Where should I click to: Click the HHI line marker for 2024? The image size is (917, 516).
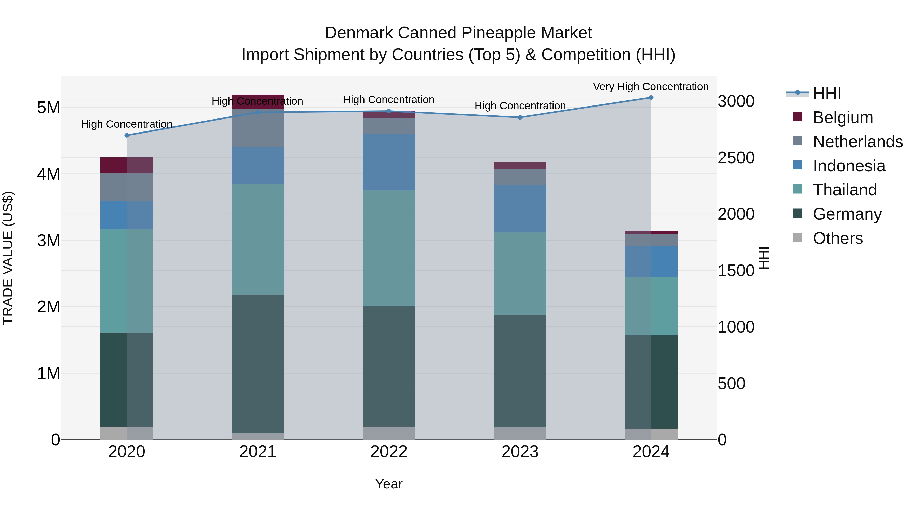point(651,98)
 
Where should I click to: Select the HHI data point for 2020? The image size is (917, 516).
point(127,135)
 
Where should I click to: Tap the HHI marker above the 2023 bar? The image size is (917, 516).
point(520,117)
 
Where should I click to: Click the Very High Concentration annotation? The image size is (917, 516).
point(651,87)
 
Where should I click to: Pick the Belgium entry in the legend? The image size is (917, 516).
point(843,117)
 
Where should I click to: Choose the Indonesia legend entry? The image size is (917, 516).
point(849,166)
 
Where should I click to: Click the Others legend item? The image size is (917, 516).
point(838,238)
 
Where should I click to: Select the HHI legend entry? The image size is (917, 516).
point(827,93)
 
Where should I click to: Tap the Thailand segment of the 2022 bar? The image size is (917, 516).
point(389,248)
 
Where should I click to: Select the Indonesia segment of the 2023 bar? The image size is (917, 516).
point(520,209)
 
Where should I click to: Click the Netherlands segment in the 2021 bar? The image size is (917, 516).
point(258,128)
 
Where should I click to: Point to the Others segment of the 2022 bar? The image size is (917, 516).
point(389,433)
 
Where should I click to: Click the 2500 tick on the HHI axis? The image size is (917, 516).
point(735,158)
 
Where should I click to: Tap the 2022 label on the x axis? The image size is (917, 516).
point(389,452)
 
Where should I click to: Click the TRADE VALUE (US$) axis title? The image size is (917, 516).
point(8,258)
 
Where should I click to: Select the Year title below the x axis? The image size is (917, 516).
point(389,484)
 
